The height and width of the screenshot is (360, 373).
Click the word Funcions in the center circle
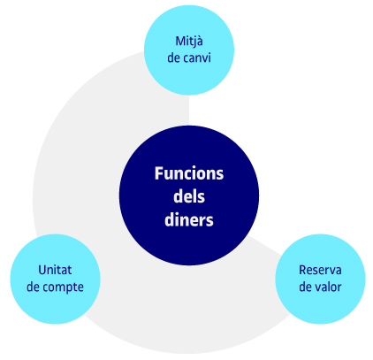click(189, 173)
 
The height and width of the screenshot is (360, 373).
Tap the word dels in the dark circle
click(189, 196)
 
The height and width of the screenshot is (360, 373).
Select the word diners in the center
click(189, 219)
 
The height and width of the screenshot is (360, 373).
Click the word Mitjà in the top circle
click(189, 42)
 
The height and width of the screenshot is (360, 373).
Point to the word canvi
click(197, 57)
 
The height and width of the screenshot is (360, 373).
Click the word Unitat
click(55, 270)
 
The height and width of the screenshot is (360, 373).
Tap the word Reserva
click(320, 270)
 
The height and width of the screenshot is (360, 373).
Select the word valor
click(328, 287)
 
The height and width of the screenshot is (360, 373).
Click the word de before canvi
click(173, 57)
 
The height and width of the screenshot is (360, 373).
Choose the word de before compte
click(33, 287)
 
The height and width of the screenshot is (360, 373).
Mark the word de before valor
click(305, 287)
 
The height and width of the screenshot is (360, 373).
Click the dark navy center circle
click(189, 195)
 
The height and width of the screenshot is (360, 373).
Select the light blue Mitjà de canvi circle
click(189, 50)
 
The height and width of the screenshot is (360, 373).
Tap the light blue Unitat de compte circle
click(56, 279)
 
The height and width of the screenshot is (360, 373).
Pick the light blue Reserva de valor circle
click(320, 279)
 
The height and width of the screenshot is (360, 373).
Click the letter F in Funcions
click(158, 173)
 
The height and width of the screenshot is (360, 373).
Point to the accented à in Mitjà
click(199, 42)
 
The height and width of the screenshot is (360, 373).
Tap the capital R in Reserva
click(302, 270)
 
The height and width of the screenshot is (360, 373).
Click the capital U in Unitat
click(42, 270)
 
